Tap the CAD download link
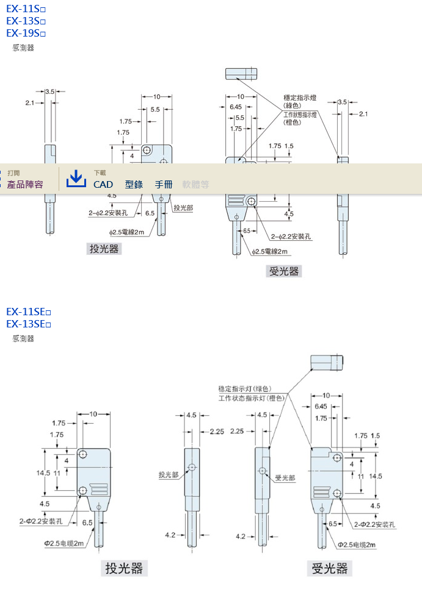pyautogui.click(x=103, y=184)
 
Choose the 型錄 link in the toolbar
pyautogui.click(x=134, y=184)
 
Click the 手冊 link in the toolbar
pyautogui.click(x=164, y=184)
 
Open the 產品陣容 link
pyautogui.click(x=25, y=184)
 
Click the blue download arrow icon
pyautogui.click(x=76, y=179)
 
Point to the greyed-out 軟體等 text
pyautogui.click(x=195, y=184)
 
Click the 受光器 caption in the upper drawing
pyautogui.click(x=284, y=271)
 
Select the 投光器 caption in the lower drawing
pyautogui.click(x=124, y=568)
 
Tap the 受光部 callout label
pyautogui.click(x=285, y=478)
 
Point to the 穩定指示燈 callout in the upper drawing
pyautogui.click(x=300, y=98)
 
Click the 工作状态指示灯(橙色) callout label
pyautogui.click(x=252, y=398)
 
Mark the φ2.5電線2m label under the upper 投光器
pyautogui.click(x=127, y=232)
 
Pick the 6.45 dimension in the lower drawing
pyautogui.click(x=321, y=406)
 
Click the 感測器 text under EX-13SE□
pyautogui.click(x=23, y=338)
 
